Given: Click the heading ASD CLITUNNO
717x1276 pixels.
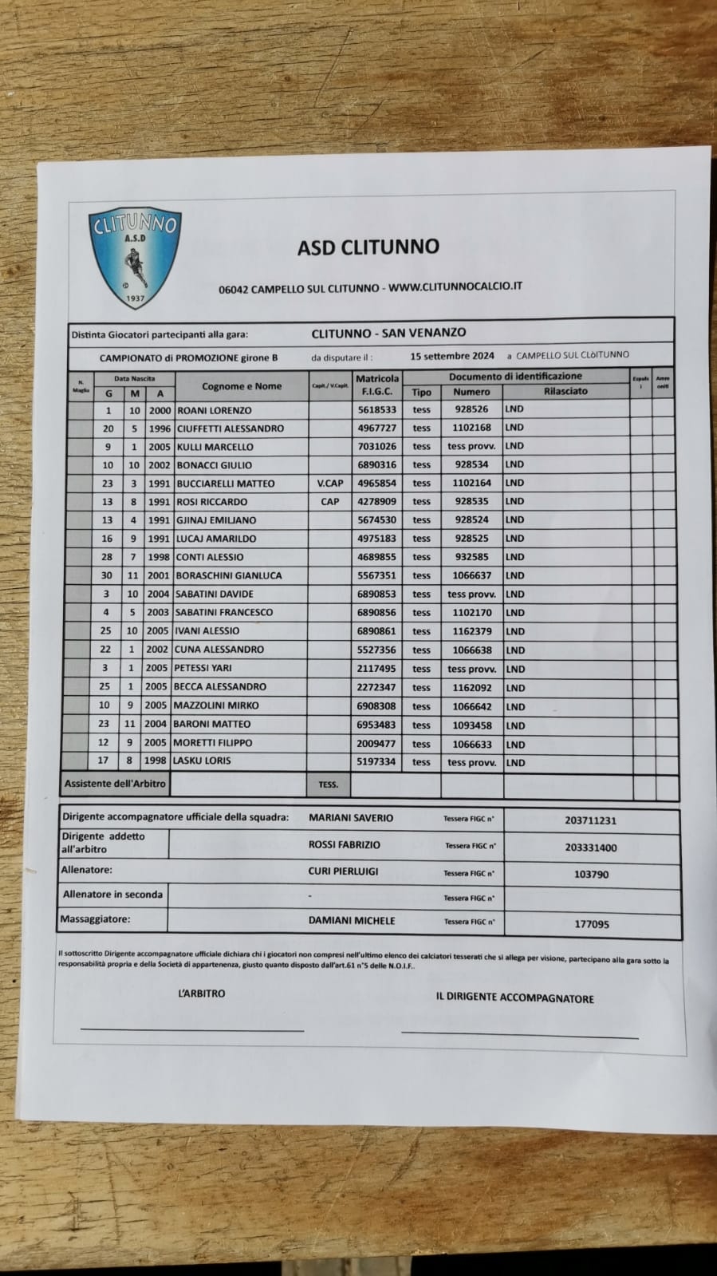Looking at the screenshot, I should click(368, 247).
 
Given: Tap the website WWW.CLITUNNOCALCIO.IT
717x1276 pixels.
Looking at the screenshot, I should click(455, 286).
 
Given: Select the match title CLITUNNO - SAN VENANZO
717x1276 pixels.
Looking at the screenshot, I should click(388, 333).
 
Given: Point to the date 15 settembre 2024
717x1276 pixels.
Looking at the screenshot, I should click(452, 356).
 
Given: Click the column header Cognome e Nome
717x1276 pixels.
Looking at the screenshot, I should click(242, 386).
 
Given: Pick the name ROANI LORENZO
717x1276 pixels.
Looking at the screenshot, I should click(214, 410).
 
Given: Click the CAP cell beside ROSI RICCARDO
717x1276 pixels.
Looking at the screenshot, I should click(329, 502).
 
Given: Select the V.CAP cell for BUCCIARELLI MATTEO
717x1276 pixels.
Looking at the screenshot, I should click(329, 484).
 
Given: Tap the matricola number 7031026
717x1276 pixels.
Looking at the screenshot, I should click(376, 447).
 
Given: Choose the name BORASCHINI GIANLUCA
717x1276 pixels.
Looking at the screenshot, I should click(229, 575).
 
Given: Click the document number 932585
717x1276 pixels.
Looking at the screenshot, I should click(471, 557).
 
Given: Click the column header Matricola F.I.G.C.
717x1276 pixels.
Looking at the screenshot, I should click(377, 385).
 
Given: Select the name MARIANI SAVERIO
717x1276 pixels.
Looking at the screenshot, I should click(350, 818).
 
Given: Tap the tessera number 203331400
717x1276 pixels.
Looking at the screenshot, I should click(591, 848).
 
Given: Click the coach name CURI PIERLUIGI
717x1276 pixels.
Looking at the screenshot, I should click(343, 871).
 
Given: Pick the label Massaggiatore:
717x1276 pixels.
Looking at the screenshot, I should click(95, 919).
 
